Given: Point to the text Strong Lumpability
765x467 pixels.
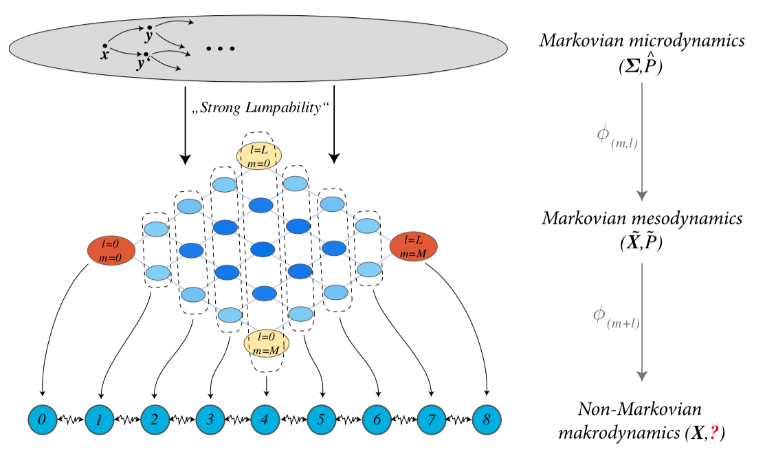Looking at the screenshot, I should pyautogui.click(x=258, y=108).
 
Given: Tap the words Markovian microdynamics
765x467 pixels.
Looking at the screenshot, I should pyautogui.click(x=641, y=41).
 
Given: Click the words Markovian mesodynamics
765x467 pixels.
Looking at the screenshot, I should pyautogui.click(x=641, y=219).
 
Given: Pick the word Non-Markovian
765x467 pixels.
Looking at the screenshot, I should pyautogui.click(x=641, y=410).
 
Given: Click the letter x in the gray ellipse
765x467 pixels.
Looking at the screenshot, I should pyautogui.click(x=104, y=54).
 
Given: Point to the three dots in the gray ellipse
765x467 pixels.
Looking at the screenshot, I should pyautogui.click(x=221, y=49).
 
